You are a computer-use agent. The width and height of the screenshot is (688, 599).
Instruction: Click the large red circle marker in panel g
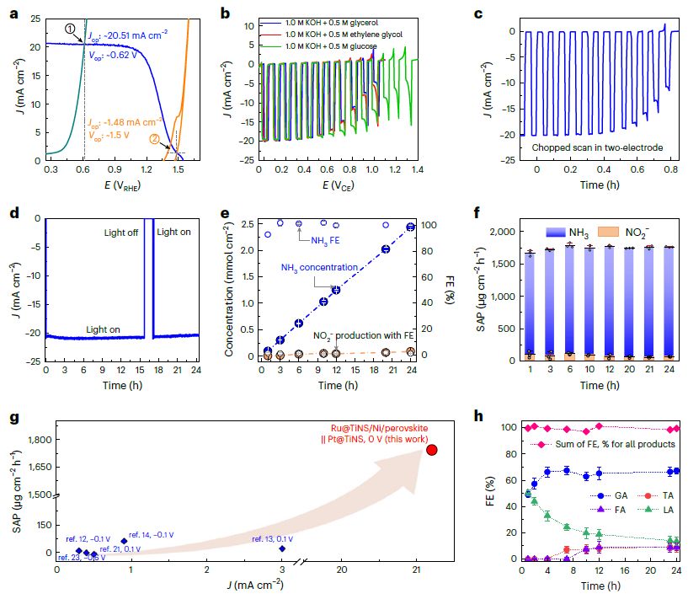pyautogui.click(x=432, y=450)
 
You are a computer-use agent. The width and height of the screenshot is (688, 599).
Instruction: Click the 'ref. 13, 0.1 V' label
pyautogui.click(x=279, y=538)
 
